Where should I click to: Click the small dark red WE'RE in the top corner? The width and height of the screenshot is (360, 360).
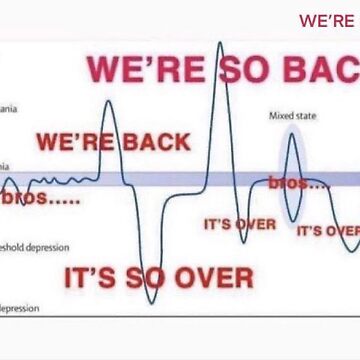coord(327,20)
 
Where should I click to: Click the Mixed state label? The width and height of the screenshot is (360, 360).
coord(292,116)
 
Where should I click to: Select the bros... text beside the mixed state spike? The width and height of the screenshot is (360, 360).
coord(298,184)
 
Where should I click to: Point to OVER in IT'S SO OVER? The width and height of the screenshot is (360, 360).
coord(213,277)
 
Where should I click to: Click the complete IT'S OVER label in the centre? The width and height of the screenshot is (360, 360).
coord(239,224)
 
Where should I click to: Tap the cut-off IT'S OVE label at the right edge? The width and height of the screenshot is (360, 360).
coord(327,230)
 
